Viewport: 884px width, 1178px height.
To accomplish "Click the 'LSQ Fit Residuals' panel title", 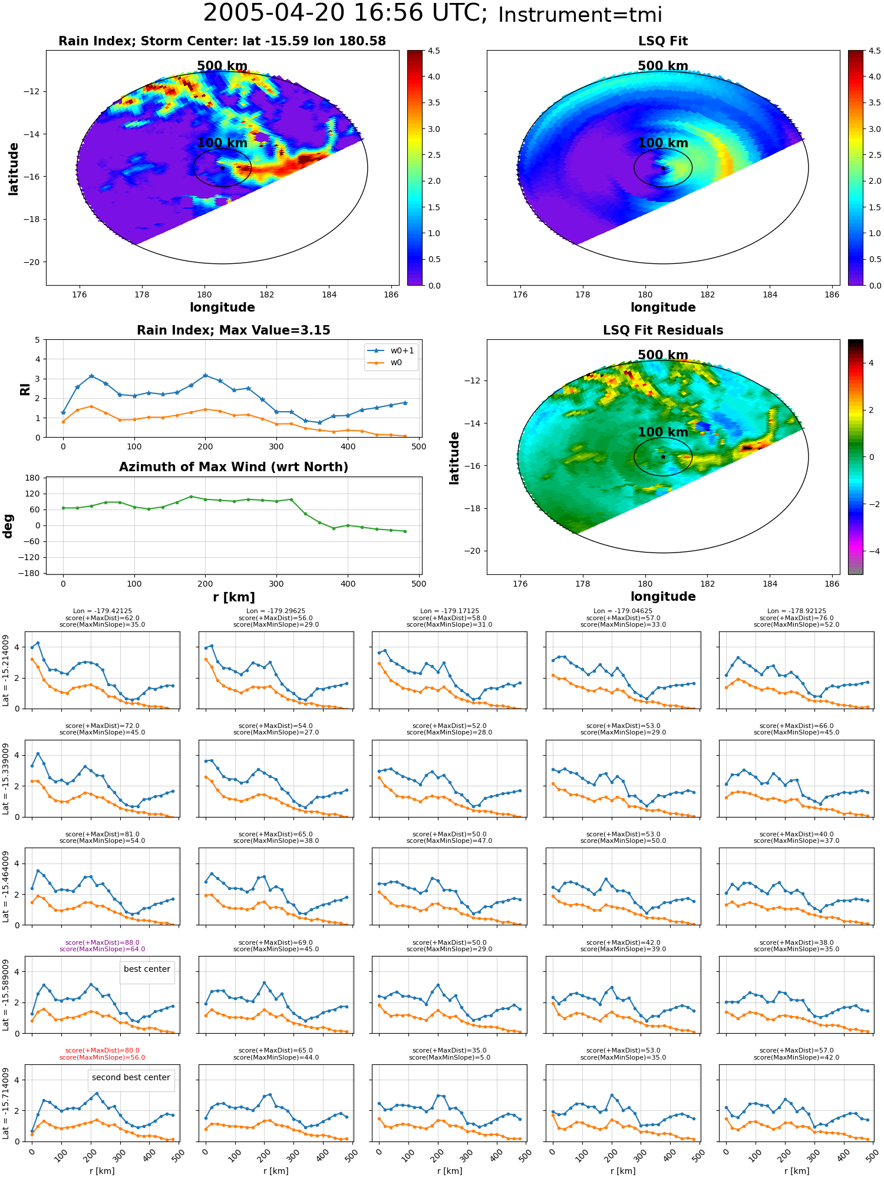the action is [x=663, y=330].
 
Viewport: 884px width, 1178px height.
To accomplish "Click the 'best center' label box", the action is [x=147, y=969].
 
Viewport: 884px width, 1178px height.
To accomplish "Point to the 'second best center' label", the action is [x=131, y=1077].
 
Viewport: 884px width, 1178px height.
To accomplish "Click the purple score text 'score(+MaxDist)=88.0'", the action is [x=103, y=942].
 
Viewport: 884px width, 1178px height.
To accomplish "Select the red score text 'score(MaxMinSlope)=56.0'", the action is [x=103, y=1057].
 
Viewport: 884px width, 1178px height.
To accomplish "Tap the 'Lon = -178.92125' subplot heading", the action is [x=797, y=611].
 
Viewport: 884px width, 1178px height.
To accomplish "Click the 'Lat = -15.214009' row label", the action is [x=6, y=670].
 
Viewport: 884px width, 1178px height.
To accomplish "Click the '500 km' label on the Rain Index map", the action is [x=222, y=66].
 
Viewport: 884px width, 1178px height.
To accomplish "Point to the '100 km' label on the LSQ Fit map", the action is [x=663, y=143].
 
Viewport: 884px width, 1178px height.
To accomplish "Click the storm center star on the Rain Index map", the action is [x=222, y=168].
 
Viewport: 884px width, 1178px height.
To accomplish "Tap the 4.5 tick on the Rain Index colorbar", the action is [x=434, y=51].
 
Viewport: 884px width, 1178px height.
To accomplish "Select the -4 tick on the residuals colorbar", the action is [x=871, y=551].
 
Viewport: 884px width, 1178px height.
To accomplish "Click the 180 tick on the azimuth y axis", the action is [x=33, y=478].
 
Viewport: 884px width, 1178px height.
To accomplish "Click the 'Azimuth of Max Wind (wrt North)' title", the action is [x=233, y=467].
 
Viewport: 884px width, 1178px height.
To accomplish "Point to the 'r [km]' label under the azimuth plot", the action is [x=234, y=597].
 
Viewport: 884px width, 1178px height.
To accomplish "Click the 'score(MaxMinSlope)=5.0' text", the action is [x=450, y=1057].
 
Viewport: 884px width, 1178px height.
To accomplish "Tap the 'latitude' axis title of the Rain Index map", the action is [x=14, y=168].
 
